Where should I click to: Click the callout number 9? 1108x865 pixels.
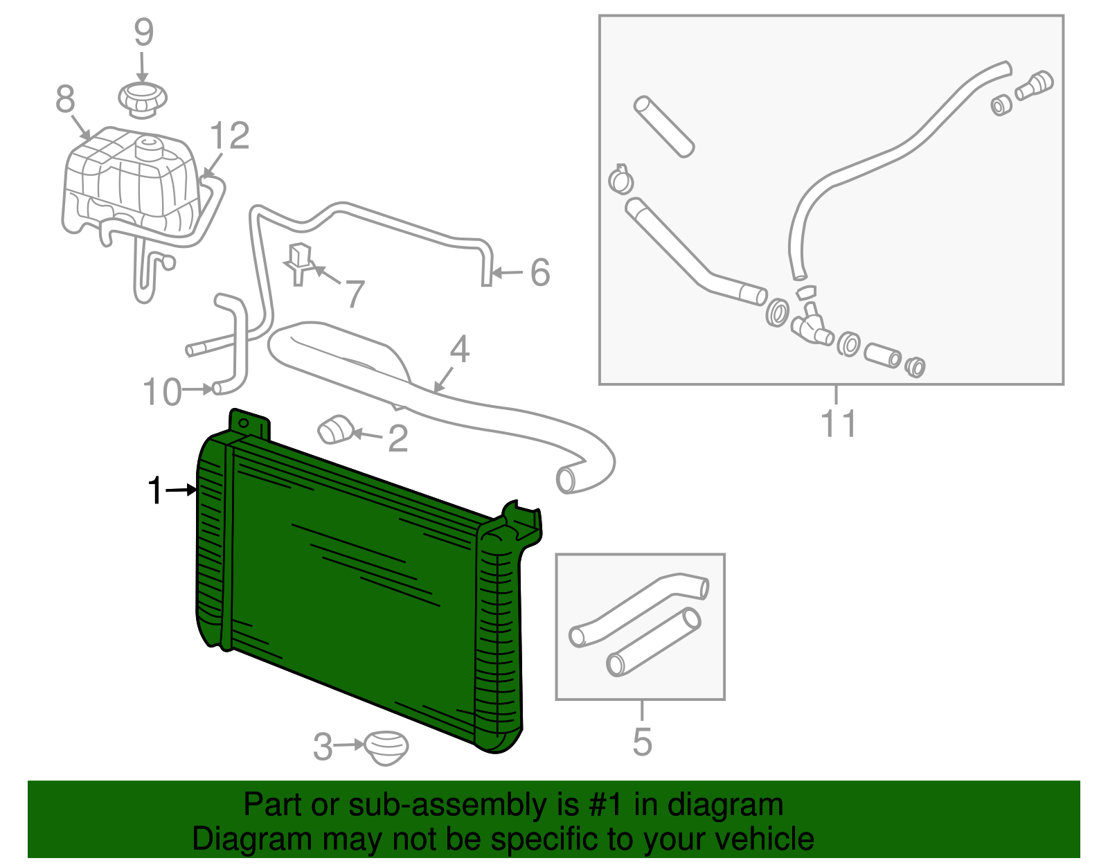pyautogui.click(x=143, y=33)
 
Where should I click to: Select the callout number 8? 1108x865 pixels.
pyautogui.click(x=65, y=99)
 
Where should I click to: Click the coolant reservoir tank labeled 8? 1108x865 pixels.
pyautogui.click(x=128, y=180)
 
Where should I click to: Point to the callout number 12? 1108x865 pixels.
pyautogui.click(x=229, y=136)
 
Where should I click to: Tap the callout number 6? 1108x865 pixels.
pyautogui.click(x=540, y=272)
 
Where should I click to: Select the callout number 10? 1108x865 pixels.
pyautogui.click(x=162, y=393)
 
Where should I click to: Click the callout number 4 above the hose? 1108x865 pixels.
pyautogui.click(x=459, y=350)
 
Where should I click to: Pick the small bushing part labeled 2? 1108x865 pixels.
pyautogui.click(x=335, y=429)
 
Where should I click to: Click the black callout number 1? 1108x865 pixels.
pyautogui.click(x=156, y=491)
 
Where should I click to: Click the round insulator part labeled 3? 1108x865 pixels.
pyautogui.click(x=386, y=747)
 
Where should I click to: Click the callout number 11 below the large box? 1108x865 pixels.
pyautogui.click(x=838, y=424)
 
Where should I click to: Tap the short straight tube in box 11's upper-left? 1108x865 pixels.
pyautogui.click(x=663, y=126)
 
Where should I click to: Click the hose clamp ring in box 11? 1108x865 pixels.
pyautogui.click(x=620, y=180)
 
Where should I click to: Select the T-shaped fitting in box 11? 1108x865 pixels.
pyautogui.click(x=810, y=324)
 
